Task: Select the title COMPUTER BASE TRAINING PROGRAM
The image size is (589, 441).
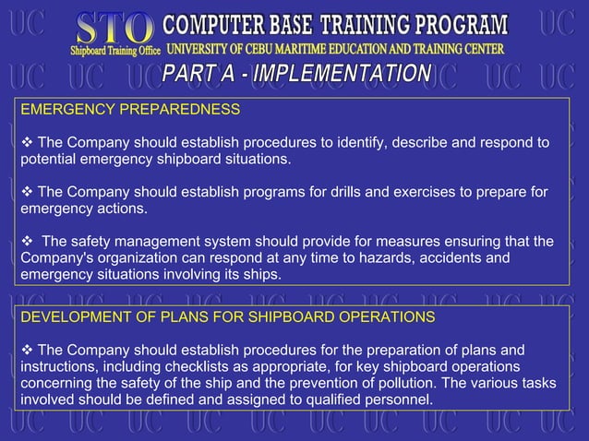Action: click(335, 23)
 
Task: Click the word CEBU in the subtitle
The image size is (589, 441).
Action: click(296, 48)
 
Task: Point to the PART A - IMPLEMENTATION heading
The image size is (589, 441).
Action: click(296, 74)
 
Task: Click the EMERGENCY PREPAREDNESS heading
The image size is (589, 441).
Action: click(130, 109)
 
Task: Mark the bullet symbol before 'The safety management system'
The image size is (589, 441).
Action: click(27, 242)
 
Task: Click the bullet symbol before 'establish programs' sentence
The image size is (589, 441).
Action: click(27, 192)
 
